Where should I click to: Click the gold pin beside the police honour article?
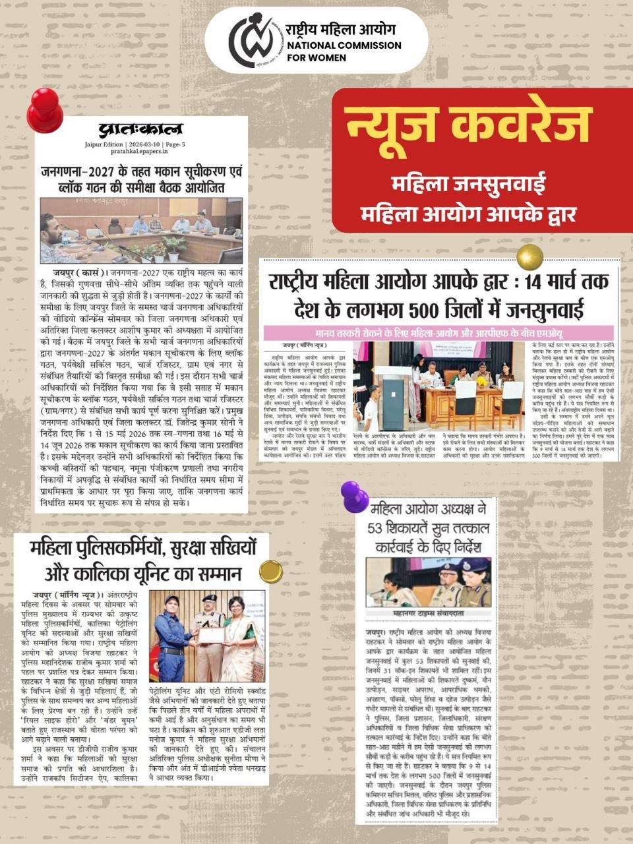pyautogui.click(x=270, y=571)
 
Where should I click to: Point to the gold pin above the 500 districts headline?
pyautogui.click(x=529, y=257)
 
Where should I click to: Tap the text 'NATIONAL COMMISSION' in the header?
pyautogui.click(x=344, y=45)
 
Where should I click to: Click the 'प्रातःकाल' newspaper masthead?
pyautogui.click(x=140, y=129)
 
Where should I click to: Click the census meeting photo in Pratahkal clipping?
pyautogui.click(x=141, y=230)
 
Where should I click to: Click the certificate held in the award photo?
pyautogui.click(x=212, y=635)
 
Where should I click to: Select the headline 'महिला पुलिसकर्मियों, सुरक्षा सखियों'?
pyautogui.click(x=142, y=548)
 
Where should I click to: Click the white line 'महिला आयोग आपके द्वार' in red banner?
pyautogui.click(x=468, y=214)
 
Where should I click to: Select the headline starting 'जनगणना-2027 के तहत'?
pyautogui.click(x=140, y=171)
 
